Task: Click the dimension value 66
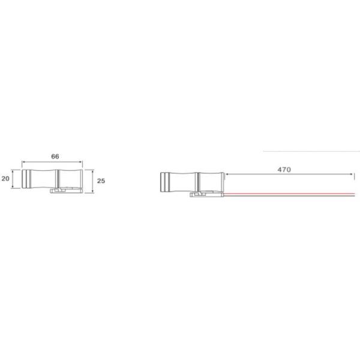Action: click(x=55, y=157)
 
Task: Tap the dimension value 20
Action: click(x=5, y=178)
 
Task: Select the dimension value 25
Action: click(x=101, y=181)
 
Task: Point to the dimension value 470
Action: click(x=284, y=170)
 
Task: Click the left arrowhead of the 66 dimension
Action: click(x=23, y=162)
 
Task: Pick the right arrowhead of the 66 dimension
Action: click(x=81, y=162)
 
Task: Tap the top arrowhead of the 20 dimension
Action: click(x=13, y=171)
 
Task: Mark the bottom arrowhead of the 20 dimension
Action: click(x=13, y=187)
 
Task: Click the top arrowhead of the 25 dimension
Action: click(x=93, y=171)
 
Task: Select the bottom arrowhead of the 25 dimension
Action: click(x=93, y=191)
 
